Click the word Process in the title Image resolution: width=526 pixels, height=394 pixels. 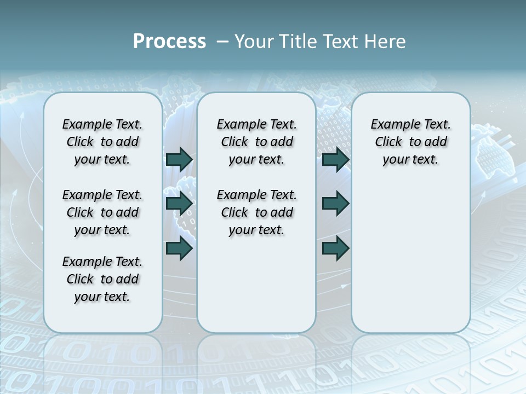tap(169, 42)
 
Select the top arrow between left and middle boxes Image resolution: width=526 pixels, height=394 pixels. tap(179, 159)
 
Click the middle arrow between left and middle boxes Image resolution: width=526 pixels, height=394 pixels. tap(179, 204)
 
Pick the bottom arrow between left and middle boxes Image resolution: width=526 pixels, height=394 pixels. tap(179, 248)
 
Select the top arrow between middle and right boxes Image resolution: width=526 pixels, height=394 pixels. tap(335, 159)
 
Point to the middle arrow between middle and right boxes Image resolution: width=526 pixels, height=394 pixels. tap(335, 204)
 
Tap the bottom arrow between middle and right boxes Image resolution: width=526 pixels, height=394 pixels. tap(335, 248)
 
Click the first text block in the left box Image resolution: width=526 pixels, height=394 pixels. tap(102, 142)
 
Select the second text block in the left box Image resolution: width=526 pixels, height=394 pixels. tap(102, 212)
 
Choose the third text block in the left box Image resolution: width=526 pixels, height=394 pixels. tap(102, 279)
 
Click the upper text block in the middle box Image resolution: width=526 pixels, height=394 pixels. tap(256, 142)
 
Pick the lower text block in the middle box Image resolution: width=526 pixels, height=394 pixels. tap(256, 212)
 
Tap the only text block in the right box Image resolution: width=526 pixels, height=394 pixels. tap(411, 142)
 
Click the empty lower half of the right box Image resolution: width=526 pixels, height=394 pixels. tap(411, 263)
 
